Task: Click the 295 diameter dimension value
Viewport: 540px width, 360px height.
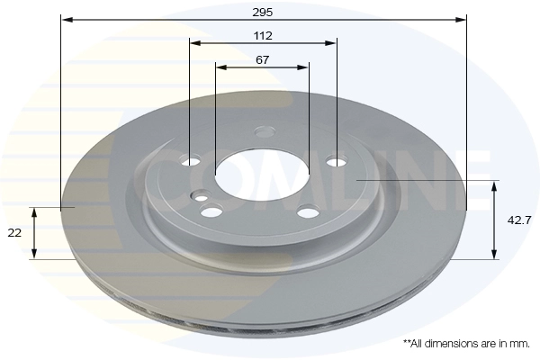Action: coord(263,13)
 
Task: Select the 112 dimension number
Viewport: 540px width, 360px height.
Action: coord(263,35)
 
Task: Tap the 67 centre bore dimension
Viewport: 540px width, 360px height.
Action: coord(263,60)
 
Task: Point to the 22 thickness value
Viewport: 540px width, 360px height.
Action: coord(14,233)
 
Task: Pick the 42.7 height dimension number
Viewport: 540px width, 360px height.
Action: coord(519,220)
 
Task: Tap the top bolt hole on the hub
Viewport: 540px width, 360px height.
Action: coord(265,131)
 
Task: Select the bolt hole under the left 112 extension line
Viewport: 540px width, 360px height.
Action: coord(191,160)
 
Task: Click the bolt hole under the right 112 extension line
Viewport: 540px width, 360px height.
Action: coord(337,161)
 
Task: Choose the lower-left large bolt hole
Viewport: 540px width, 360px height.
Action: coord(211,211)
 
